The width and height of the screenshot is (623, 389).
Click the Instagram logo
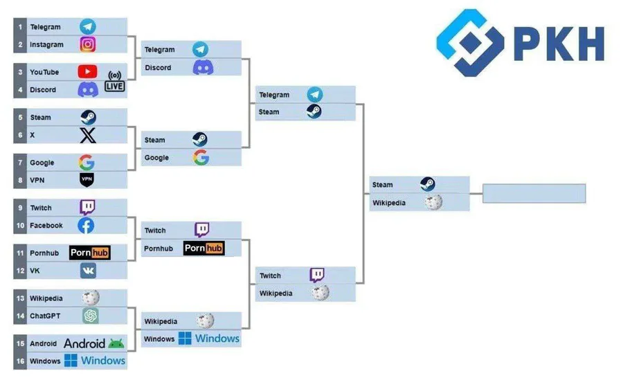(88, 44)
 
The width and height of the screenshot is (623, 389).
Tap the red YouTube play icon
(88, 71)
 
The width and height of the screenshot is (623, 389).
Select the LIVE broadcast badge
(114, 80)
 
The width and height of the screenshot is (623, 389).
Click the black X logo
(88, 135)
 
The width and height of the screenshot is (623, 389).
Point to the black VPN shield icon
(87, 180)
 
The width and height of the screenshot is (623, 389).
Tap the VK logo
(88, 271)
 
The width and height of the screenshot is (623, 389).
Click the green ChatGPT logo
(90, 316)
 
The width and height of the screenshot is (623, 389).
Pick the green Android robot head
(116, 343)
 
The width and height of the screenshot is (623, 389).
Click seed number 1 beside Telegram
(21, 27)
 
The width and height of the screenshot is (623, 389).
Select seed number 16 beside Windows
(21, 361)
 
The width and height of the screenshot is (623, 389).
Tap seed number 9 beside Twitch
(21, 208)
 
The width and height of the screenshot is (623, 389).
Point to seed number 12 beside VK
(21, 271)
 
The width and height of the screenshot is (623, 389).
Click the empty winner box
(534, 193)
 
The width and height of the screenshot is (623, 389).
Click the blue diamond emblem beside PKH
(471, 43)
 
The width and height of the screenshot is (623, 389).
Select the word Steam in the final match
(382, 185)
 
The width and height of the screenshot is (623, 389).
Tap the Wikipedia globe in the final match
(433, 202)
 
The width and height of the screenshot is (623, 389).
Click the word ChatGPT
(44, 316)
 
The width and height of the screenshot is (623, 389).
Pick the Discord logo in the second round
(203, 68)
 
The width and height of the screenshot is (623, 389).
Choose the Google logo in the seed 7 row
(87, 163)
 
